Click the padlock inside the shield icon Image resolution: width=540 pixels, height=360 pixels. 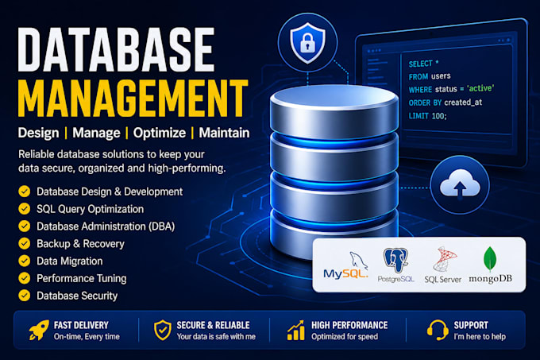[x=307, y=43]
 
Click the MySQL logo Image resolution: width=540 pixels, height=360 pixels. [x=345, y=265]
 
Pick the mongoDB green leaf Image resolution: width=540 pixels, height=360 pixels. [x=490, y=259]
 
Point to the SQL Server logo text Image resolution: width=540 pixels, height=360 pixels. [x=442, y=280]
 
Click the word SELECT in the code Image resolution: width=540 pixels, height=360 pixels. [x=420, y=64]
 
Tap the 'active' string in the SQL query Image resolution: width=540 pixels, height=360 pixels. [x=480, y=88]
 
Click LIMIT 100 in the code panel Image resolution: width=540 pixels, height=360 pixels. [x=427, y=116]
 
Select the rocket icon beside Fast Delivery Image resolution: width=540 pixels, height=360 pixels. [x=39, y=330]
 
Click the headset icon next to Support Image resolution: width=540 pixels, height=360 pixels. [x=438, y=330]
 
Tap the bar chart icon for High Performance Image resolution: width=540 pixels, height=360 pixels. [x=296, y=331]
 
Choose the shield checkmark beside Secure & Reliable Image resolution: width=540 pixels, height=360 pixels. [x=163, y=330]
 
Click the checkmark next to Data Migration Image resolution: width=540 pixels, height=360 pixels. [x=24, y=261]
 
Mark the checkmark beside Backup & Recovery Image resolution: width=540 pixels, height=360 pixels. [x=24, y=243]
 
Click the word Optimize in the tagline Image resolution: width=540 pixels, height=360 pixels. [x=160, y=133]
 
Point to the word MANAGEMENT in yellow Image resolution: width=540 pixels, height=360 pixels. [x=133, y=99]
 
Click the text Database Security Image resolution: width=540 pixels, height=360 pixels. [x=77, y=296]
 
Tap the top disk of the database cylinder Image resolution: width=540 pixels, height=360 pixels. [x=334, y=111]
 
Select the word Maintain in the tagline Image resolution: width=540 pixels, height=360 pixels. [x=224, y=133]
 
